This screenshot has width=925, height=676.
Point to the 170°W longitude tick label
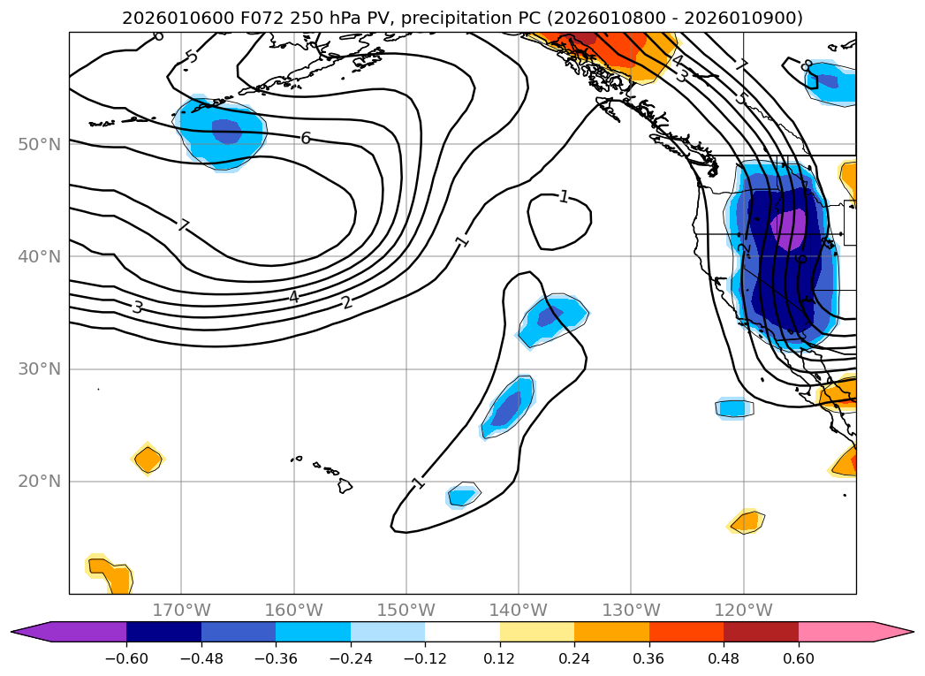[x=181, y=610]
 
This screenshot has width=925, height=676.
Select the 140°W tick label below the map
[x=519, y=610]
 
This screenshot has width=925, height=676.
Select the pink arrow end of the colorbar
[x=892, y=631]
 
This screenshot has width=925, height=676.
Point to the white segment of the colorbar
[x=462, y=631]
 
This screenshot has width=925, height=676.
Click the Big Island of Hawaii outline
[x=345, y=486]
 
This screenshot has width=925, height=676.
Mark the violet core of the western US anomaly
[x=788, y=230]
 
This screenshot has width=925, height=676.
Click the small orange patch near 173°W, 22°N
[x=148, y=460]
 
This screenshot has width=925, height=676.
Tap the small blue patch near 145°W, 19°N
[x=462, y=495]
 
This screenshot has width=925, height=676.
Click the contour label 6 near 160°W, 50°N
[x=306, y=138]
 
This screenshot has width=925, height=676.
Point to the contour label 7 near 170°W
[x=183, y=225]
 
